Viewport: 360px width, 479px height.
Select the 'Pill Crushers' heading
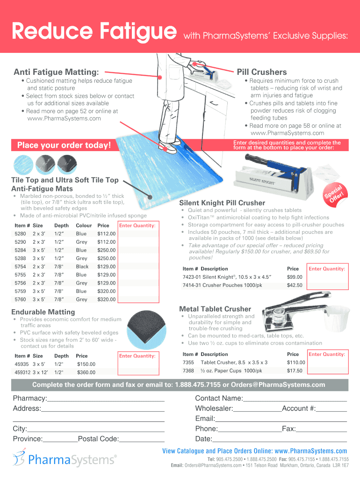tap(262, 72)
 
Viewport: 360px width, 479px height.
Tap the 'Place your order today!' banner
tap(64, 145)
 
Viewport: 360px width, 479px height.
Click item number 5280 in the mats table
tap(20, 233)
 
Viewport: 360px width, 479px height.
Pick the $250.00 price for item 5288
tap(106, 258)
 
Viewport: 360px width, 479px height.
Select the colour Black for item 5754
tap(82, 266)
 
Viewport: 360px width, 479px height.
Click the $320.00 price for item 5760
tap(106, 299)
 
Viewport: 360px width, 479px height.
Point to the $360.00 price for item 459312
tap(86, 372)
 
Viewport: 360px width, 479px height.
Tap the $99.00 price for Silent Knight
tap(295, 277)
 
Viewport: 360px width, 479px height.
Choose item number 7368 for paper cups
tap(188, 370)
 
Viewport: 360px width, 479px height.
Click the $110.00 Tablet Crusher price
tap(296, 363)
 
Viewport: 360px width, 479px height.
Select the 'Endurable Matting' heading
tap(43, 312)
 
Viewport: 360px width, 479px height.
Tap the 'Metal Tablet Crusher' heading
tap(215, 309)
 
